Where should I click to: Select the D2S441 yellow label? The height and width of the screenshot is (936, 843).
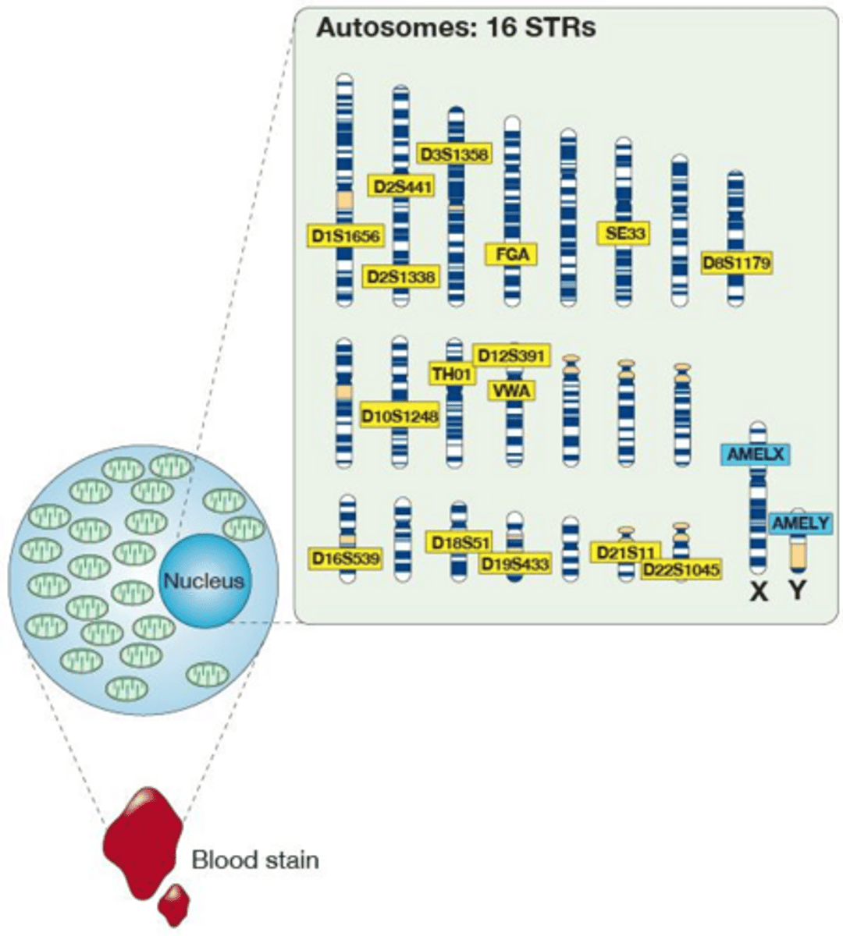pos(400,186)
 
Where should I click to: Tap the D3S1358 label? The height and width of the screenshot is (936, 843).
pos(454,154)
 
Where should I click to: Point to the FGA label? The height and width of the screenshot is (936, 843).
pos(511,254)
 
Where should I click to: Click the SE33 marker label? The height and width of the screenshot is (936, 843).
pos(624,233)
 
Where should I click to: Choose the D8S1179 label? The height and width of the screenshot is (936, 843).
pos(737,264)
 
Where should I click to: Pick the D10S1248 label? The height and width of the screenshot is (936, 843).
pos(400,415)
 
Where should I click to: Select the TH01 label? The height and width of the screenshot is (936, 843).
pos(452,374)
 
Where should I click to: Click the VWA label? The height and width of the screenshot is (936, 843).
pos(511,390)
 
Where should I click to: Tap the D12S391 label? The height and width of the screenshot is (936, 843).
pos(511,356)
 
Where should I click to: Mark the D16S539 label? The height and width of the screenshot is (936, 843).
pos(345,558)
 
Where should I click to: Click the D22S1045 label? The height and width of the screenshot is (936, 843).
pos(681,570)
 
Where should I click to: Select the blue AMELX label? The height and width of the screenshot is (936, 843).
pos(756,454)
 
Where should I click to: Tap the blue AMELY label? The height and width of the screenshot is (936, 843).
pos(800,523)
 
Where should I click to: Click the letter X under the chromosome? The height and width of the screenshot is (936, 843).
pos(758,593)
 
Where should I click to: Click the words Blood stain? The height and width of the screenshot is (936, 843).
pos(255,860)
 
